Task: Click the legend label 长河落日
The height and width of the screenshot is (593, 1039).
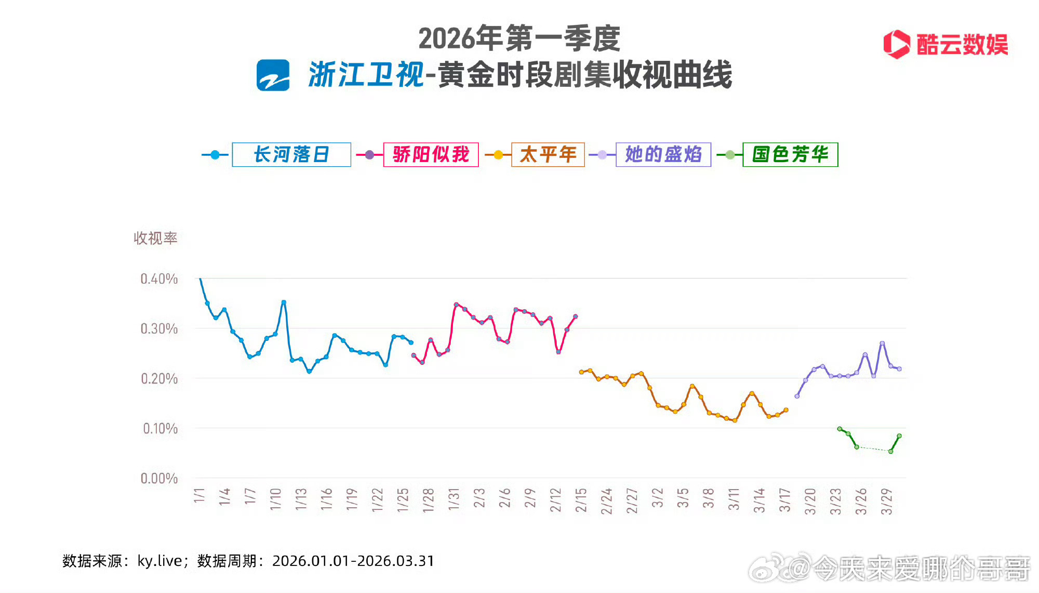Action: click(291, 154)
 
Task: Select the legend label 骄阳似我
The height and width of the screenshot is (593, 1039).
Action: click(431, 154)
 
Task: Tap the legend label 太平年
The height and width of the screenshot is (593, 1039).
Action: click(548, 154)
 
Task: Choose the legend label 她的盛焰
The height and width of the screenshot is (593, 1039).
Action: click(663, 154)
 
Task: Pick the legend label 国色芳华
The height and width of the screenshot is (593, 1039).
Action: click(790, 154)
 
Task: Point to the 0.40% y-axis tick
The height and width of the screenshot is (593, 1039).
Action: click(159, 279)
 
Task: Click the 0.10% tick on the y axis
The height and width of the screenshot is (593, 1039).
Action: click(160, 429)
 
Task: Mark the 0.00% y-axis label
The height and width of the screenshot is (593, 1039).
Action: click(159, 479)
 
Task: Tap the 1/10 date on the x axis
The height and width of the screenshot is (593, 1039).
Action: click(275, 499)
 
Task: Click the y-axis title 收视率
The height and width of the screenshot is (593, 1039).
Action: click(155, 239)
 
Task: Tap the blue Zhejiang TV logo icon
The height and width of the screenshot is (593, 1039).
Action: click(273, 75)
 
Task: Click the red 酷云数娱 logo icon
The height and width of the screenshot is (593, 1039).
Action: click(897, 44)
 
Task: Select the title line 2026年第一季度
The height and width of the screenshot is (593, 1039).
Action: click(519, 38)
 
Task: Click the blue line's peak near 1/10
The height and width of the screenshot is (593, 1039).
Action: click(284, 302)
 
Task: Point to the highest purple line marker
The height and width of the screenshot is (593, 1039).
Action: click(882, 343)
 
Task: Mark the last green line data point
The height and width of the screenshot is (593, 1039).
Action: click(899, 436)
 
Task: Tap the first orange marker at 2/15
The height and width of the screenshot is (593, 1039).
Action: click(581, 372)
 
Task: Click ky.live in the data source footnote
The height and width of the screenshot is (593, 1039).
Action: click(159, 561)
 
